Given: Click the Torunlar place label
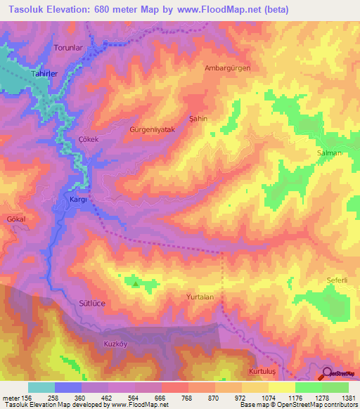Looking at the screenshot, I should pyautogui.click(x=70, y=48).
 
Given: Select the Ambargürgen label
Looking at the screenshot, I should pyautogui.click(x=227, y=68).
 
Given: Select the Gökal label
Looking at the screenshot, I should pyautogui.click(x=15, y=219).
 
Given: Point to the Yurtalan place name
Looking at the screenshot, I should pyautogui.click(x=205, y=297).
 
